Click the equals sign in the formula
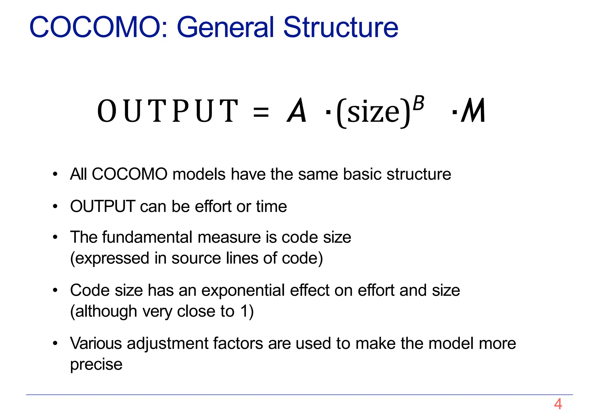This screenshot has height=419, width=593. pyautogui.click(x=261, y=112)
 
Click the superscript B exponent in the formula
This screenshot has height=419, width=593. pyautogui.click(x=418, y=103)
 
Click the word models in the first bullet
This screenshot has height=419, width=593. pyautogui.click(x=199, y=174)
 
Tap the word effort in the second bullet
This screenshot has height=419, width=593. pyautogui.click(x=213, y=206)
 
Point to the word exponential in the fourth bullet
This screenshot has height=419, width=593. pyautogui.click(x=243, y=290)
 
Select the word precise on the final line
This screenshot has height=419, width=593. pyautogui.click(x=96, y=365)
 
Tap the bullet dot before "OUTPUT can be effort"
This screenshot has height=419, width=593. pyautogui.click(x=55, y=207)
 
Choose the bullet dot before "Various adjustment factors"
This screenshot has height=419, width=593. pyautogui.click(x=55, y=344)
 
